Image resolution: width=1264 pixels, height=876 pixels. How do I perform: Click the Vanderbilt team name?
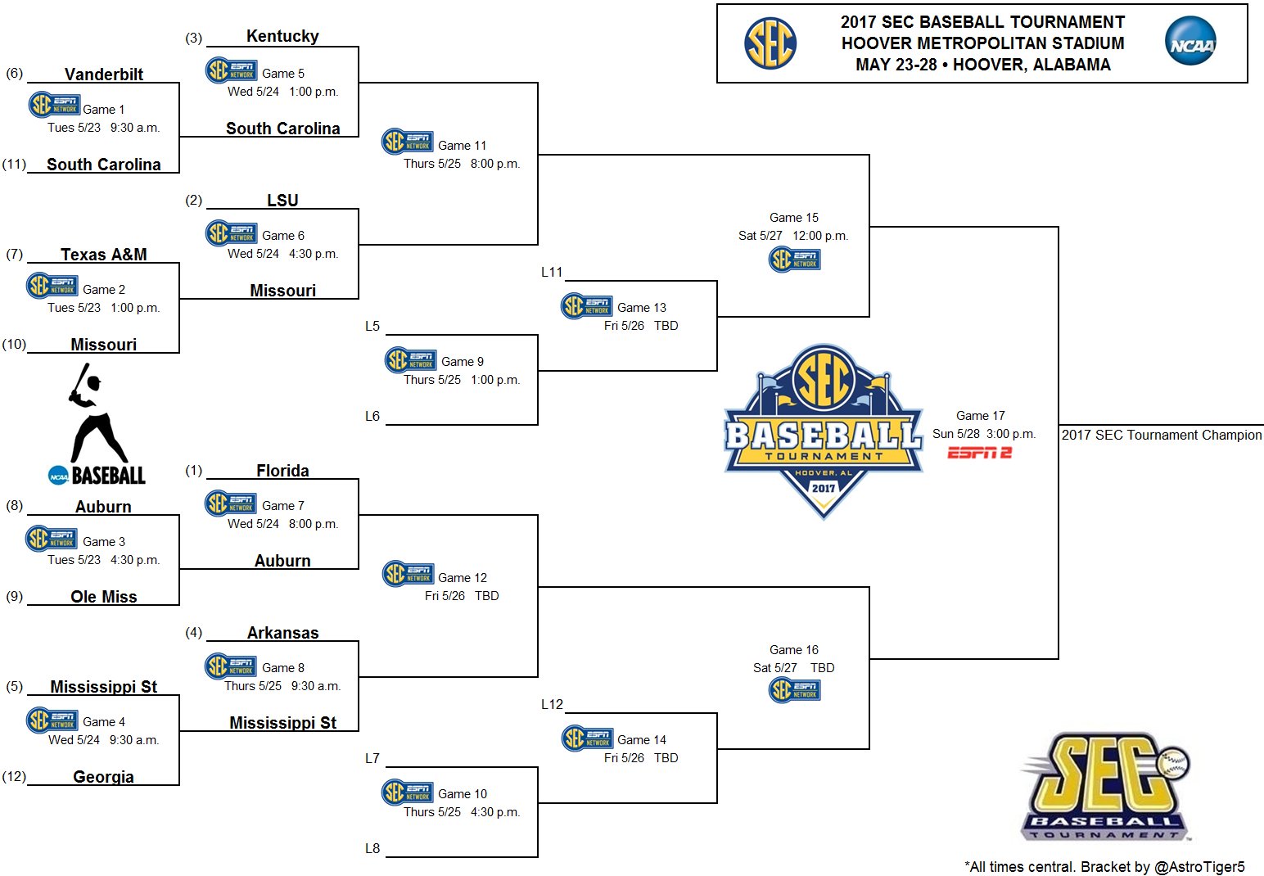tap(104, 75)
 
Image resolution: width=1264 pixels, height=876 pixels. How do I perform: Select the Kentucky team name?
tap(282, 36)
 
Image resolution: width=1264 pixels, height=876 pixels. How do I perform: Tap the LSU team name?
tap(282, 200)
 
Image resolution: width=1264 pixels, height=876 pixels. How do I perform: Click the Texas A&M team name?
tap(104, 255)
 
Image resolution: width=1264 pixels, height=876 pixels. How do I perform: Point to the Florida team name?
tap(282, 471)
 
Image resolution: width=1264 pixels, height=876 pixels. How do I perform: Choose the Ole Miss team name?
tap(104, 597)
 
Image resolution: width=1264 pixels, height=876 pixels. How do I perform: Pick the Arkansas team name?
tap(282, 633)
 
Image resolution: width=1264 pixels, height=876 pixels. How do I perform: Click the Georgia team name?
tap(104, 777)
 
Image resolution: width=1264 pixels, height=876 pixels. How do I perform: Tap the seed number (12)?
tap(14, 776)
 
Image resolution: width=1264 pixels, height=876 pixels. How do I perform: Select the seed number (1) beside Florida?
tap(193, 470)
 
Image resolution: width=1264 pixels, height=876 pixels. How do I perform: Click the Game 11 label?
tap(462, 146)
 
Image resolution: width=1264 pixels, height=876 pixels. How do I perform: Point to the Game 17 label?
tap(980, 416)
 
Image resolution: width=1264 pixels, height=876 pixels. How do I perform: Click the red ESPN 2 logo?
tap(980, 453)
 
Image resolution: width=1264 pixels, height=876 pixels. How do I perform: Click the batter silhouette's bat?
tap(80, 379)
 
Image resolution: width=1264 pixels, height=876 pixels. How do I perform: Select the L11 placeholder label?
tap(552, 272)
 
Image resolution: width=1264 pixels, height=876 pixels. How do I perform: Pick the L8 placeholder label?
tap(372, 848)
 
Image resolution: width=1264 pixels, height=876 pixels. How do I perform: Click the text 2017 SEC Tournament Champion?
tap(1162, 435)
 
